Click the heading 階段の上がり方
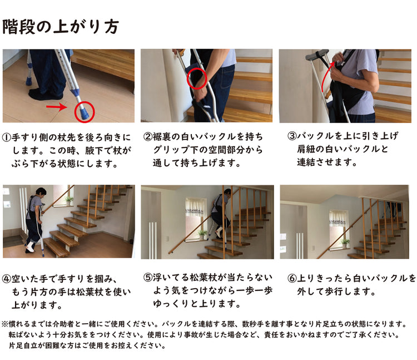(61, 27)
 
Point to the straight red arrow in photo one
(56, 107)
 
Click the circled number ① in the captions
(6, 137)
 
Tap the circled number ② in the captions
(147, 137)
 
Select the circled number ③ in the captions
(292, 136)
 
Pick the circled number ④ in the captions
(6, 279)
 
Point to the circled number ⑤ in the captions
(147, 278)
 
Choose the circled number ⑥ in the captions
(292, 278)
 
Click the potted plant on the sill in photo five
(202, 234)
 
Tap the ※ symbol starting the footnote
(5, 324)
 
